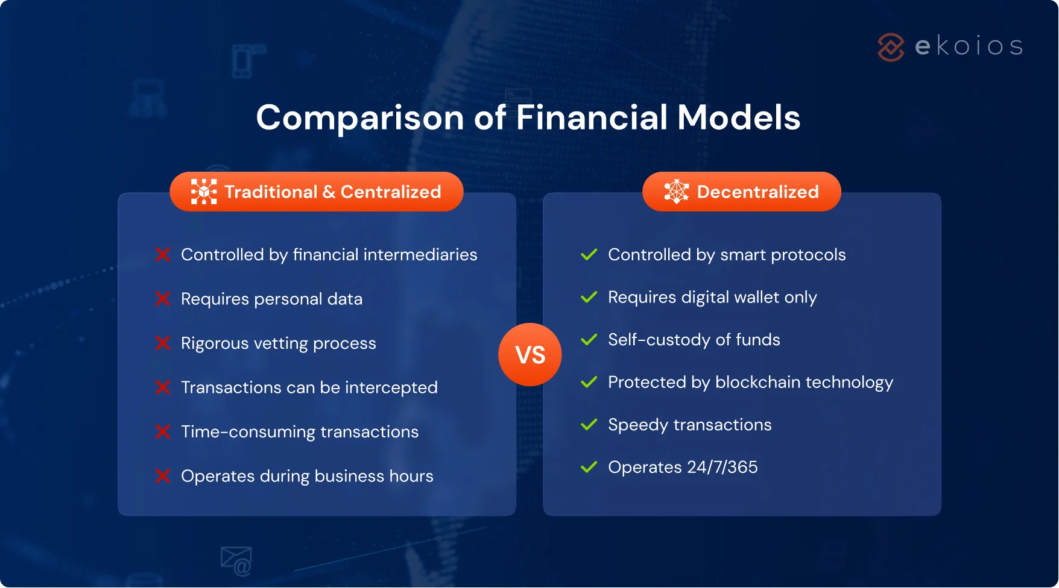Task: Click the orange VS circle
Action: (x=529, y=354)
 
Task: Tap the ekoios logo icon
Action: (x=891, y=47)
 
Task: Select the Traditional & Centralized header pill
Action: (x=317, y=192)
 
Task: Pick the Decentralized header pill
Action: (x=741, y=192)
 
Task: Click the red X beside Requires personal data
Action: (x=163, y=299)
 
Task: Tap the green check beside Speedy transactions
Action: (x=589, y=425)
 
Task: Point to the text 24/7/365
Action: (x=722, y=467)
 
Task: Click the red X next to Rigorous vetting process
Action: (x=163, y=343)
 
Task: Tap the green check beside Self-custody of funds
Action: (x=589, y=340)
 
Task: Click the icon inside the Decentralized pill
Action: (x=676, y=192)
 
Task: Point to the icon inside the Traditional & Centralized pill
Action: (x=204, y=192)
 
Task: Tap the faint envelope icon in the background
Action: (x=236, y=560)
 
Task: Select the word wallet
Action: (x=752, y=297)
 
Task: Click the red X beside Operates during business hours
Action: (x=163, y=476)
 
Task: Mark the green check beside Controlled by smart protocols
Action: (x=589, y=255)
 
